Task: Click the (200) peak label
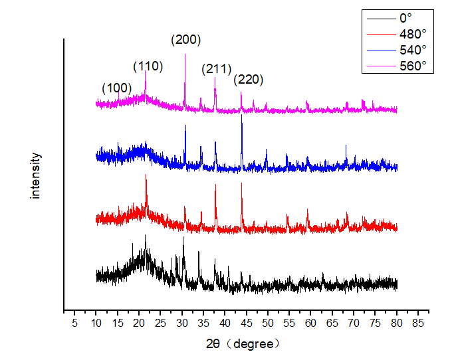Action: [186, 40]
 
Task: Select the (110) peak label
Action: [148, 66]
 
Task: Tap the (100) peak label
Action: [117, 88]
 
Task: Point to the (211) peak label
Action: [216, 68]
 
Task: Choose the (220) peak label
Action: [249, 80]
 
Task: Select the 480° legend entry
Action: [412, 33]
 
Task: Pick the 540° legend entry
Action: [412, 49]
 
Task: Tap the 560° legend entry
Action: [412, 65]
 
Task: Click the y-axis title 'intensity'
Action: [36, 176]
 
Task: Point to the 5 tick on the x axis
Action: [74, 323]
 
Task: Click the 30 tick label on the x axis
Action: [181, 323]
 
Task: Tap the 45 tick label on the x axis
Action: [246, 323]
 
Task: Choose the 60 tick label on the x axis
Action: [310, 323]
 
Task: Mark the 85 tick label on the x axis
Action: [418, 323]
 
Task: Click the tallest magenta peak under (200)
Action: [185, 56]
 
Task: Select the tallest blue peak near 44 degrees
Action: [242, 117]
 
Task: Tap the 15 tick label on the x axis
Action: [117, 323]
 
